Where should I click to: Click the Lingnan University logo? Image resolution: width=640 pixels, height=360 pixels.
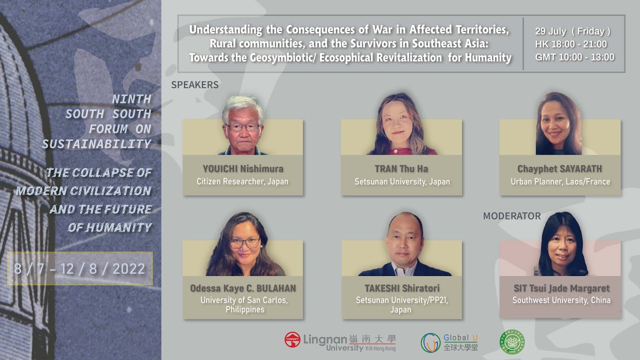coord(340,341)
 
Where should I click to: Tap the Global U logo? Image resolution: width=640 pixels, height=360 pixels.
coord(449,342)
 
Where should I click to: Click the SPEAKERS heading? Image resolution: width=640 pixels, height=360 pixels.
coord(195,85)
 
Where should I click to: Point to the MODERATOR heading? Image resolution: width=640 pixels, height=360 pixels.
coord(512,216)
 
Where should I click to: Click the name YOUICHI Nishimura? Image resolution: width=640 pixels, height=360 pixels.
coord(243,168)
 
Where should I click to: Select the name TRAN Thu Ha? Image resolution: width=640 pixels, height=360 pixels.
coord(401,168)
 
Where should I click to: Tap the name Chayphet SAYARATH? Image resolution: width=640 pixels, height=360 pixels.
coord(560,168)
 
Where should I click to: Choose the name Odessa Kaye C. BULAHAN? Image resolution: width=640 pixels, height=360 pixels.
coord(243,288)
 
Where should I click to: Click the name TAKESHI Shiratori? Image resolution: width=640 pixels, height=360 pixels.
coord(401,288)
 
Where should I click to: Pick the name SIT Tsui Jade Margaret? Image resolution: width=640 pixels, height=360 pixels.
coord(561,288)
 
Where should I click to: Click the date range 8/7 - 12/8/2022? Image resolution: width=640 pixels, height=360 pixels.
coord(79,269)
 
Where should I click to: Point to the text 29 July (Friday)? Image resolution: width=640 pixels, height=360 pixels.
coord(572,31)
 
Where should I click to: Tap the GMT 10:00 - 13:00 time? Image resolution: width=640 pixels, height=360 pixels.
coord(574,57)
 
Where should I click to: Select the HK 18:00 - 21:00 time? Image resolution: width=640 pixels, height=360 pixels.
coord(571,44)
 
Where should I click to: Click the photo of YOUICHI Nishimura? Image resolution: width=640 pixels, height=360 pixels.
coord(243,125)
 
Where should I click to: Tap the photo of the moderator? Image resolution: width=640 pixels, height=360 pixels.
coord(560,245)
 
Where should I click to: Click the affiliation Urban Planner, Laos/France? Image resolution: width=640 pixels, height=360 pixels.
coord(560,181)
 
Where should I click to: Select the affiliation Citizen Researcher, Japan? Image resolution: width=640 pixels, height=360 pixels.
coord(242,181)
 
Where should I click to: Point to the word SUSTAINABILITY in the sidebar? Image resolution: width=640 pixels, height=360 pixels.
coord(96,144)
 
